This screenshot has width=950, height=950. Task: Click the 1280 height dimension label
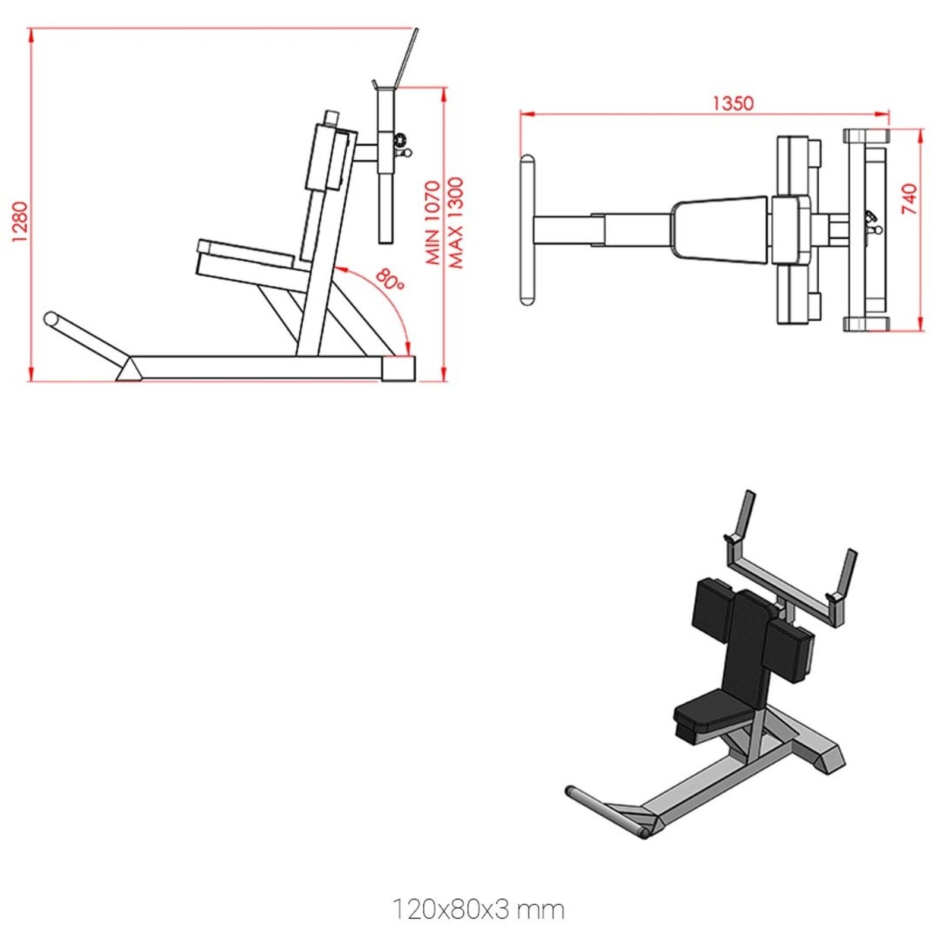pyautogui.click(x=20, y=221)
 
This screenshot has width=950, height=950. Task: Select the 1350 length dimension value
pyautogui.click(x=733, y=103)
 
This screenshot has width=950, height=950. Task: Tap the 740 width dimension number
pyautogui.click(x=909, y=199)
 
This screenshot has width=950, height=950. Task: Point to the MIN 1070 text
pyautogui.click(x=433, y=223)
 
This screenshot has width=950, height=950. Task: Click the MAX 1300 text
pyautogui.click(x=455, y=223)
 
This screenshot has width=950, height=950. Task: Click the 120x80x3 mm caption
pyautogui.click(x=478, y=909)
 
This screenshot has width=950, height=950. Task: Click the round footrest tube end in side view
pyautogui.click(x=52, y=319)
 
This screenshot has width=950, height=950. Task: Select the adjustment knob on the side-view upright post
pyautogui.click(x=401, y=141)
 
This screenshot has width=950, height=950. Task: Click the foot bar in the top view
pyautogui.click(x=527, y=230)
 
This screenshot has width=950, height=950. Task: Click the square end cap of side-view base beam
pyautogui.click(x=398, y=368)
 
